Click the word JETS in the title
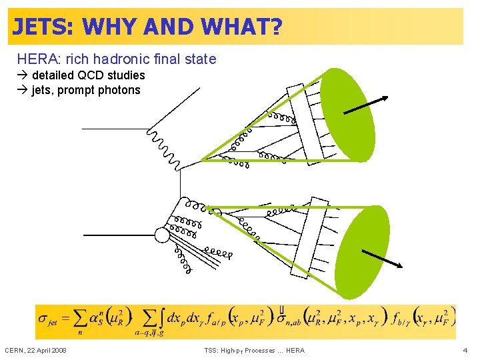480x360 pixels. pyautogui.click(x=43, y=27)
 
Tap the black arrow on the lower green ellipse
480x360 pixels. pyautogui.click(x=382, y=258)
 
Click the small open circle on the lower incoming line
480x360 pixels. pyautogui.click(x=162, y=235)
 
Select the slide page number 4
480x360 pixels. pyautogui.click(x=465, y=350)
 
